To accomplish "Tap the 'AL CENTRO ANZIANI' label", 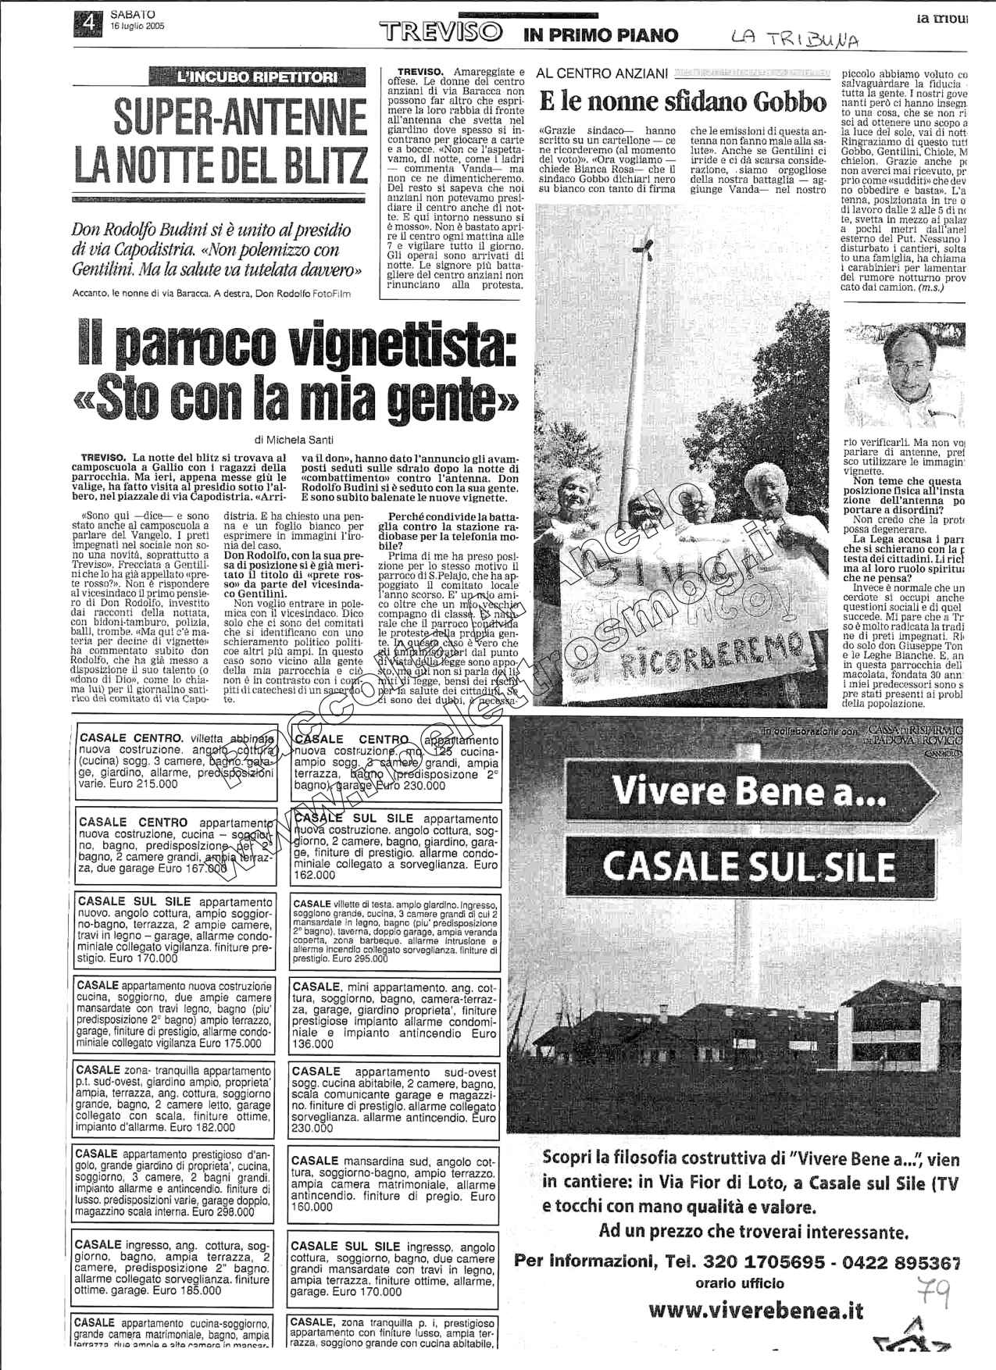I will pos(602,73).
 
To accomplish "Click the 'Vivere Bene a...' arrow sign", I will pos(750,790).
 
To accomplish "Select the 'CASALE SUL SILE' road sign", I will pos(749,865).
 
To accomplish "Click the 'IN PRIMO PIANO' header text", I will pos(601,34).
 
